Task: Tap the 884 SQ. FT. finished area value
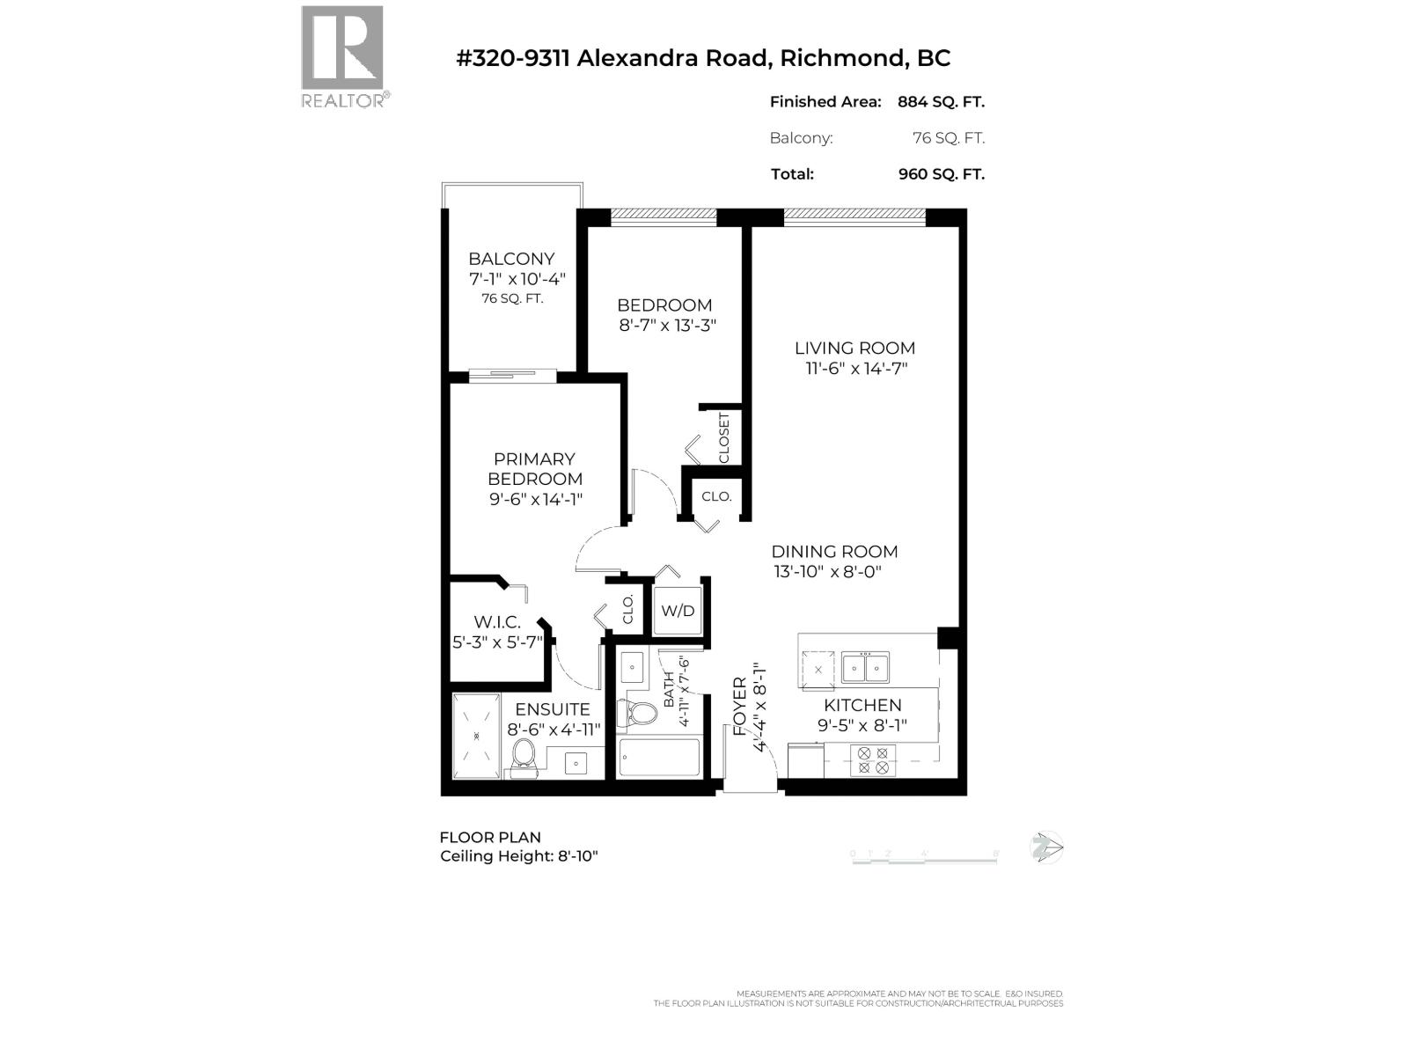[941, 102]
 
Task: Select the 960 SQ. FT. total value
[941, 174]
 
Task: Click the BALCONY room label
[511, 259]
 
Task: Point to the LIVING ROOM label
[854, 348]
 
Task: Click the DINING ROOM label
[834, 552]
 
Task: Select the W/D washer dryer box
[678, 610]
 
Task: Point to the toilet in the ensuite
[524, 756]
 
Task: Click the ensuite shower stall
[476, 736]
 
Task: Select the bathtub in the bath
[659, 758]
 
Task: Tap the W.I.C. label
[497, 622]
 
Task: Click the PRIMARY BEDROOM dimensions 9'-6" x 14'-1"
[536, 500]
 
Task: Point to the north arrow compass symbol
[1046, 847]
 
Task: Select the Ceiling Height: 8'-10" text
[519, 856]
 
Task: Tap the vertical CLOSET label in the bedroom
[724, 437]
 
